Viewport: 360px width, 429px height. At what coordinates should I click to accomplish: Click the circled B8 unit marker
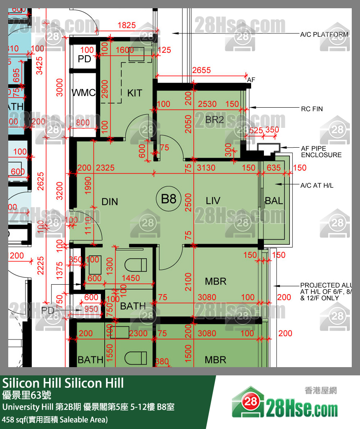[169, 200]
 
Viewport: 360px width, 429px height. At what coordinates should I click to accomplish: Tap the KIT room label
[134, 93]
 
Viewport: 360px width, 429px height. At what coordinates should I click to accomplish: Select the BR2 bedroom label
[214, 120]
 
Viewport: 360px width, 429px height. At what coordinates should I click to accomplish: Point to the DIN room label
[110, 202]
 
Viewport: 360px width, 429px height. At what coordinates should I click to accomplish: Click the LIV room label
[213, 201]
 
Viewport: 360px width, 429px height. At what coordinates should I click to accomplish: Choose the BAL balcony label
[274, 201]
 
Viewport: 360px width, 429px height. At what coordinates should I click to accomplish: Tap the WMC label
[84, 93]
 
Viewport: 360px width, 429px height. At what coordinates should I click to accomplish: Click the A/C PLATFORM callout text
[324, 35]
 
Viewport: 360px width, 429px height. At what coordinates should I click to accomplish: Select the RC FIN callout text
[312, 109]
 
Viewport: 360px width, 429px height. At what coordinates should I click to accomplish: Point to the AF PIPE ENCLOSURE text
[321, 152]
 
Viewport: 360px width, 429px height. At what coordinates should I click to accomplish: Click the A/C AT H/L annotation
[317, 186]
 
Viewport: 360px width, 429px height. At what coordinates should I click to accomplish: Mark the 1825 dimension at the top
[126, 25]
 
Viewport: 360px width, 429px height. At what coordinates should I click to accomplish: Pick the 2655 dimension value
[201, 71]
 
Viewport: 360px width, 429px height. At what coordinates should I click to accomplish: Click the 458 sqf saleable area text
[55, 420]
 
